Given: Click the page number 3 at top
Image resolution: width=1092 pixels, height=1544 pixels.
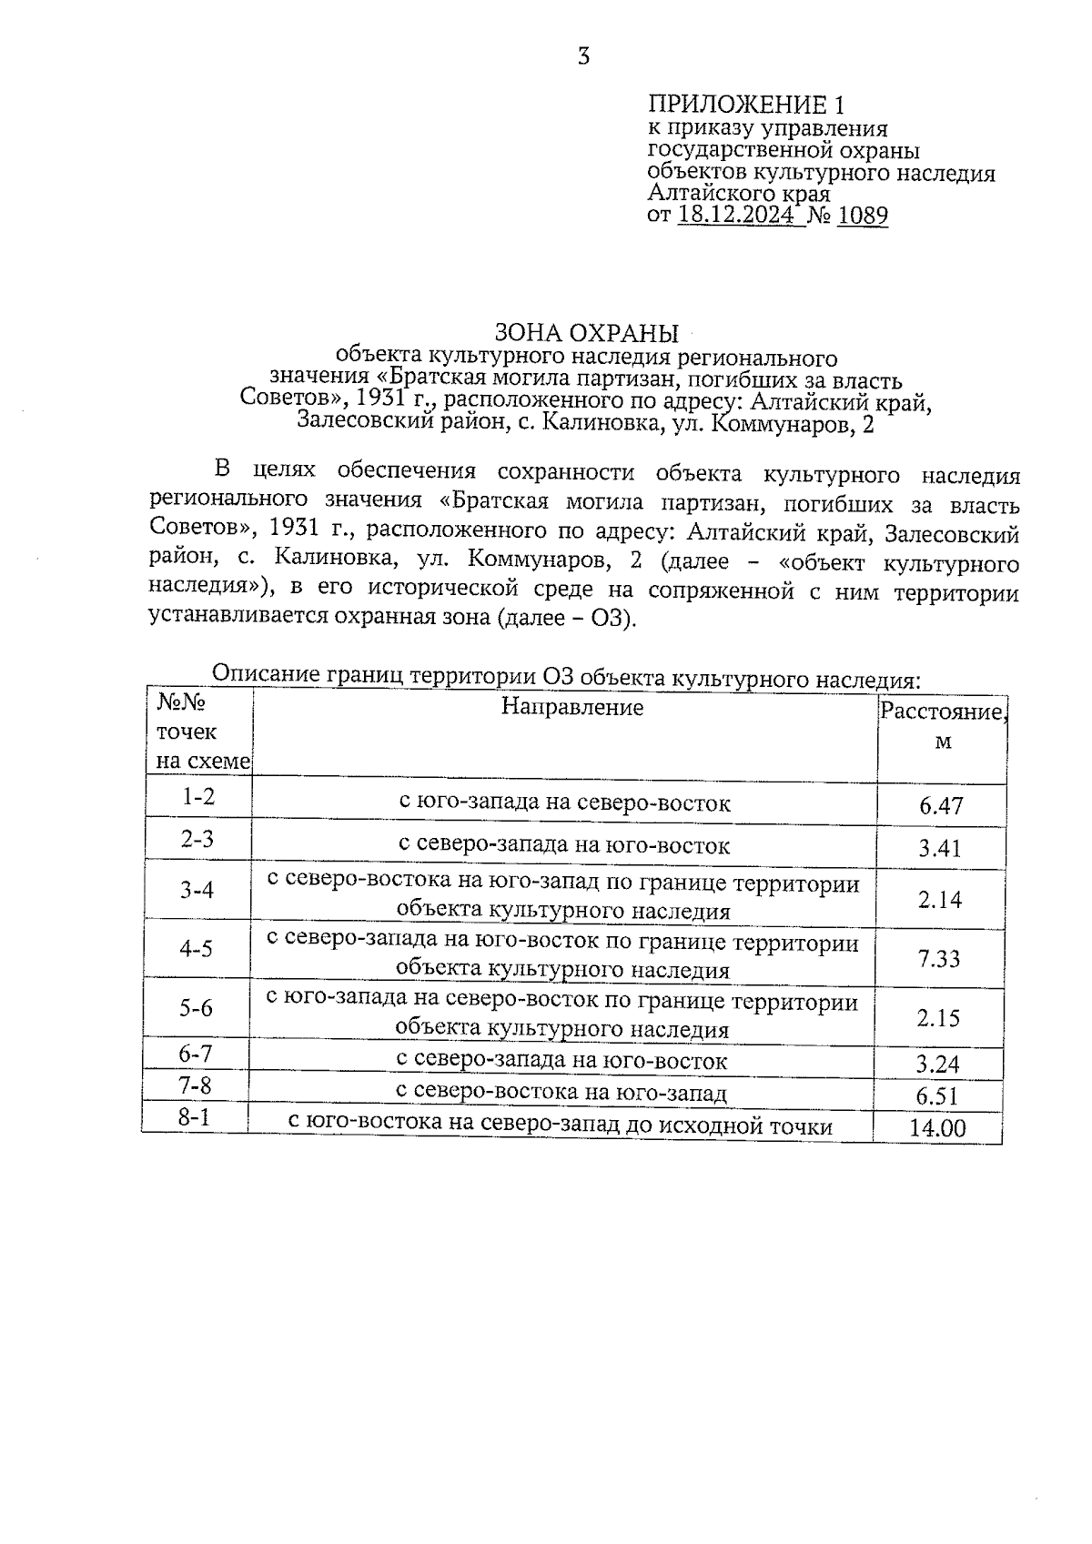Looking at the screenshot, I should click(x=584, y=57).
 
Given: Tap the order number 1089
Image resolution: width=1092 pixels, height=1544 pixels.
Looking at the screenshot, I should click(x=862, y=216).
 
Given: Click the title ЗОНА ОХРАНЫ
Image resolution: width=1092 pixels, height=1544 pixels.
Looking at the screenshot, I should click(x=586, y=332).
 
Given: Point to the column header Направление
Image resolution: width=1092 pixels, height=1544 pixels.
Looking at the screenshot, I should click(x=572, y=708).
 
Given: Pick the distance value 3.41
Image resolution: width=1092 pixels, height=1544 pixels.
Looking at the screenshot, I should click(x=940, y=849).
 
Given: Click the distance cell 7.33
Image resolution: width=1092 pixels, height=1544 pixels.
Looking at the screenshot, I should click(x=939, y=959).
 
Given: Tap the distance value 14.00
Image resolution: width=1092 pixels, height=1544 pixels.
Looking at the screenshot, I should click(x=937, y=1129).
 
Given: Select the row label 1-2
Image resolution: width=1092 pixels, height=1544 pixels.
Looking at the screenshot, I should click(x=198, y=797).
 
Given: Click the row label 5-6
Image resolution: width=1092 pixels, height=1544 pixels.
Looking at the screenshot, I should click(x=196, y=1008).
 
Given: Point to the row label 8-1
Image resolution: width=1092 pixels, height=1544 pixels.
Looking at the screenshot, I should click(x=194, y=1116).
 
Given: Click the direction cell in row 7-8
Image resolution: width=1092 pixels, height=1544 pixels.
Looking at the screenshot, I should click(x=562, y=1093).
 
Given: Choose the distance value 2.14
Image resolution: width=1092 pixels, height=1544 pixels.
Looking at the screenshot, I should click(x=940, y=900).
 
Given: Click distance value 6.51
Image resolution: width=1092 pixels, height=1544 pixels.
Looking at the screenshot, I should click(x=938, y=1096).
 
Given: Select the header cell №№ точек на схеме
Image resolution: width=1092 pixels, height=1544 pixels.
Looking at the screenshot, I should click(x=199, y=732).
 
